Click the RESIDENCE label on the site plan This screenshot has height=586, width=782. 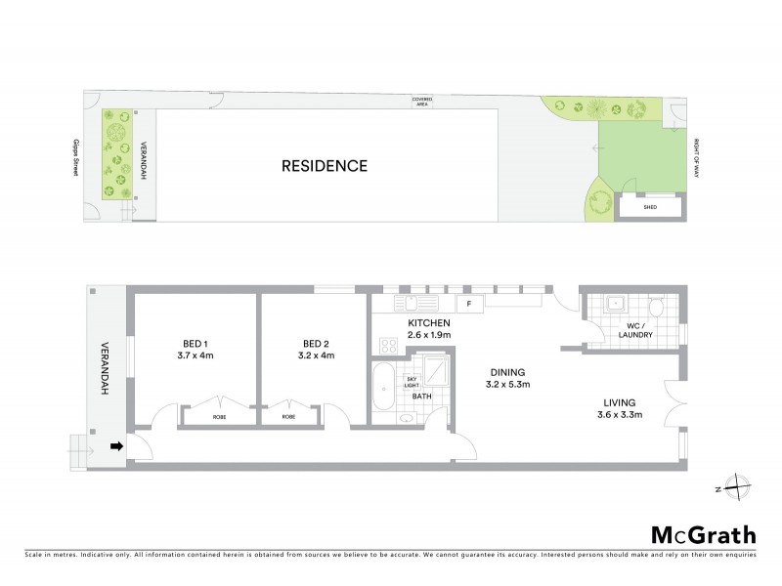[325, 166]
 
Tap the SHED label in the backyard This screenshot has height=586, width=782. [649, 207]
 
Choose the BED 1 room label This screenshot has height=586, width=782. [195, 343]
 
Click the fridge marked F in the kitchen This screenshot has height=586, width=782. [469, 304]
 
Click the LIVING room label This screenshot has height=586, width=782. [646, 401]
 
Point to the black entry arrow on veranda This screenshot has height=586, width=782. [116, 447]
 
